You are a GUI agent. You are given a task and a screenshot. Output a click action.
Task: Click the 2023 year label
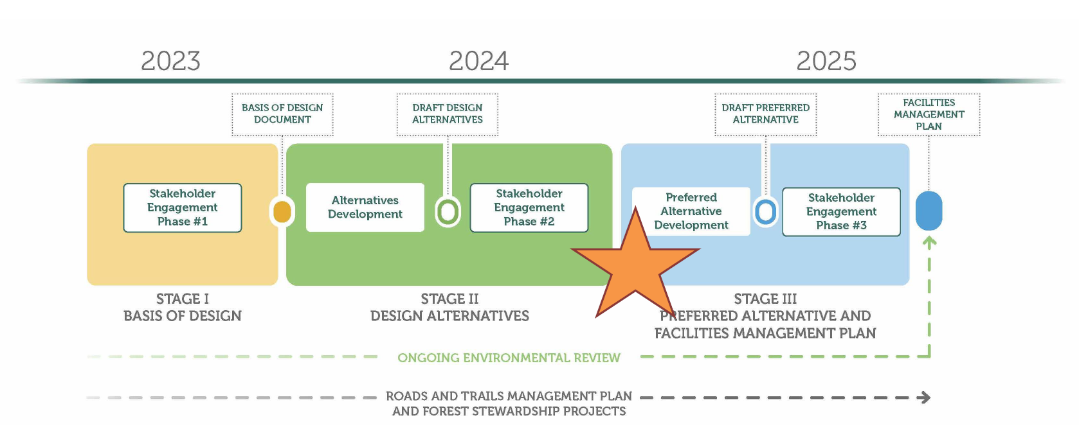[x=170, y=61]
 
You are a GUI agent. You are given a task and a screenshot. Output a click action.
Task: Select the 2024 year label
[x=479, y=61]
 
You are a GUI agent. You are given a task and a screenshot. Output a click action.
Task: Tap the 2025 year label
[x=826, y=61]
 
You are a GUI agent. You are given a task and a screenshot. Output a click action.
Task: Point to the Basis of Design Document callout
[x=282, y=114]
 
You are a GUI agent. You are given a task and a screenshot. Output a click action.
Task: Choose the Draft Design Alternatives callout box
[x=448, y=114]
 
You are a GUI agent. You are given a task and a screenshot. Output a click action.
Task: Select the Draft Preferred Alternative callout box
[x=765, y=114]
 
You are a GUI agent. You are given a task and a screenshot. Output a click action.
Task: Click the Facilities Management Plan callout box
[x=929, y=114]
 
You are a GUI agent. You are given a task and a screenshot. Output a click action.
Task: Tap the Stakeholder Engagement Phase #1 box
[x=183, y=208]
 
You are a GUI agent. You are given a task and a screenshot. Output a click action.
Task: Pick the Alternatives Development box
[x=365, y=207]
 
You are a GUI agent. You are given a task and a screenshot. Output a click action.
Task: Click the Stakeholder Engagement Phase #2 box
[x=529, y=208]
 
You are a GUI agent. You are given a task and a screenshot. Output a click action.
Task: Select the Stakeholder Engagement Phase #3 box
[x=841, y=212]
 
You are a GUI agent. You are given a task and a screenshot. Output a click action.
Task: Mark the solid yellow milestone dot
[x=282, y=212]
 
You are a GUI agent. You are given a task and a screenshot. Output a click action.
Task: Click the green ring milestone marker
[x=448, y=212]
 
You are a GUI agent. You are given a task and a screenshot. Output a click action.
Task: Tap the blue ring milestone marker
[x=765, y=212]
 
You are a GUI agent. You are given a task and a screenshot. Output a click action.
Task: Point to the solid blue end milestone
[x=929, y=211]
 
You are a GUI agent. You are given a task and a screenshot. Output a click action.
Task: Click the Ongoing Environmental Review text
[x=509, y=358]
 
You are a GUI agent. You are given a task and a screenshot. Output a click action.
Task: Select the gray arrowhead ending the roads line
[x=924, y=398]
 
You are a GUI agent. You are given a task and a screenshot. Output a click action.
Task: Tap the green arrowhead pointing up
[x=929, y=242]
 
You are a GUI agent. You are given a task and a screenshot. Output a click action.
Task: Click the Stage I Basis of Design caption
[x=183, y=308]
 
